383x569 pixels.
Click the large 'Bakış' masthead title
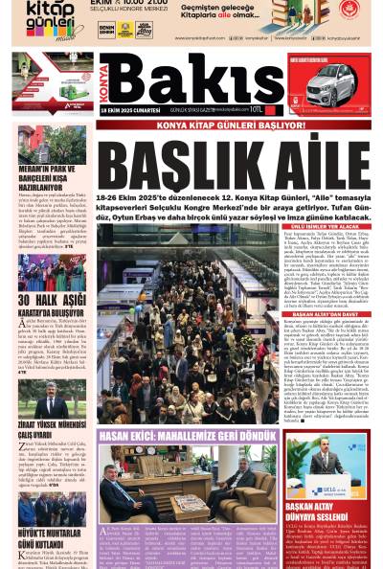point(191,81)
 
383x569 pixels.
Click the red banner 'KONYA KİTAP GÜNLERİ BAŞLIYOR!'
point(217,125)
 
